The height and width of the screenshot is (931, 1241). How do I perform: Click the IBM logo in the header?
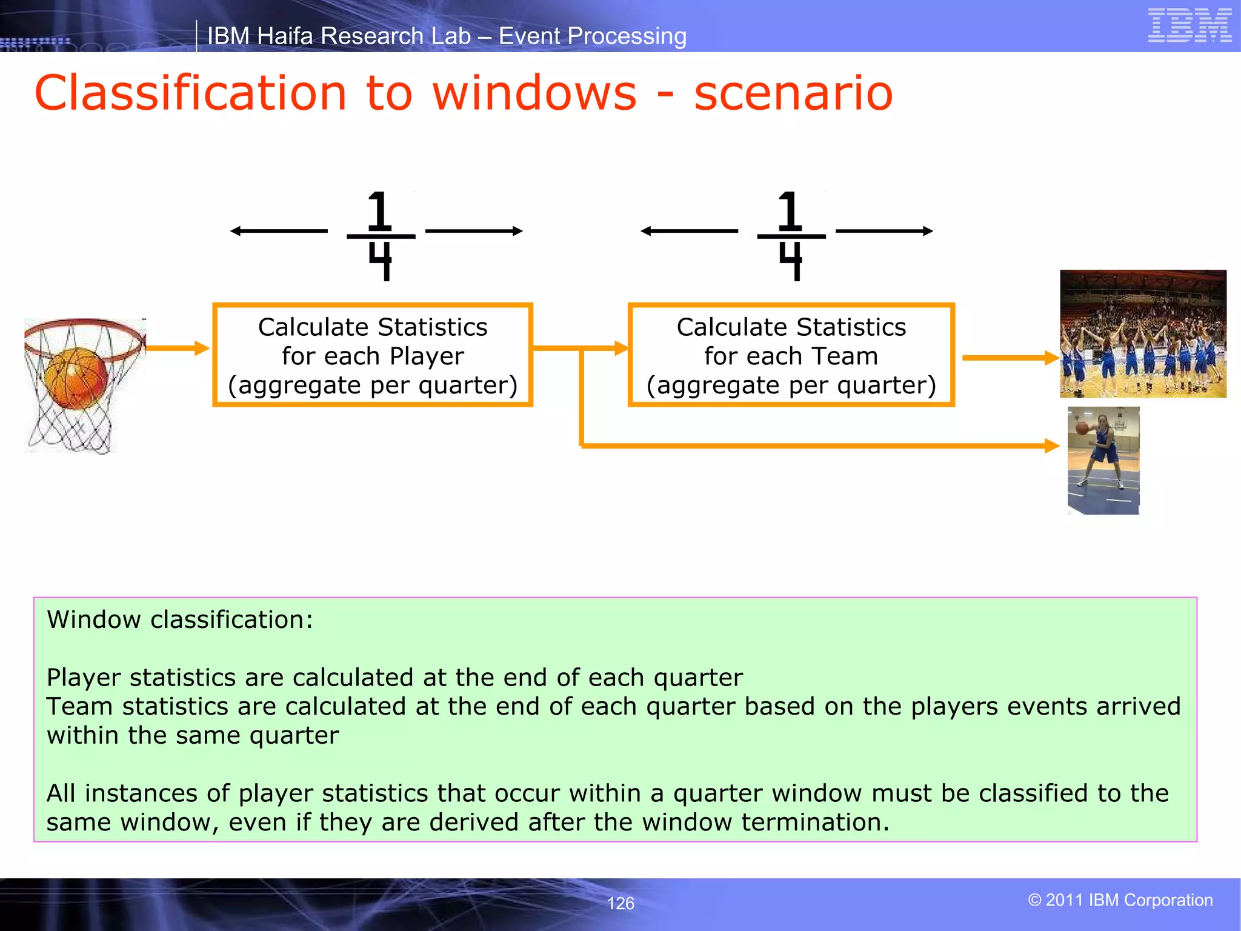tap(1189, 25)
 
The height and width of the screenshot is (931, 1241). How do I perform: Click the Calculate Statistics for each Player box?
tap(372, 355)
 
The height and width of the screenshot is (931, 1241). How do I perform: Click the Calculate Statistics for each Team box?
tap(791, 355)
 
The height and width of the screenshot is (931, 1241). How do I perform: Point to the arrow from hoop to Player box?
tap(177, 348)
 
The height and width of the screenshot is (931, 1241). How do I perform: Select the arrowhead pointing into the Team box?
tap(621, 348)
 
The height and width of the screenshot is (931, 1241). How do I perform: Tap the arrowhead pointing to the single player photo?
tap(1052, 446)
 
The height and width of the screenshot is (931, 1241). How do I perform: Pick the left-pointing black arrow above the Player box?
tap(279, 231)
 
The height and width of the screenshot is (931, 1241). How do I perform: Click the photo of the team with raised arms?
tap(1143, 333)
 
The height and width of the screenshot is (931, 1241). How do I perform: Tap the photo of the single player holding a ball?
tap(1103, 461)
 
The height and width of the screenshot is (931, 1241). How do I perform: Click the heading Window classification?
tap(180, 619)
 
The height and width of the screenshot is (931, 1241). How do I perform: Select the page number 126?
tap(620, 903)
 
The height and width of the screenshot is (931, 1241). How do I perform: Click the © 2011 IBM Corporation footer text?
tap(1120, 900)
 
